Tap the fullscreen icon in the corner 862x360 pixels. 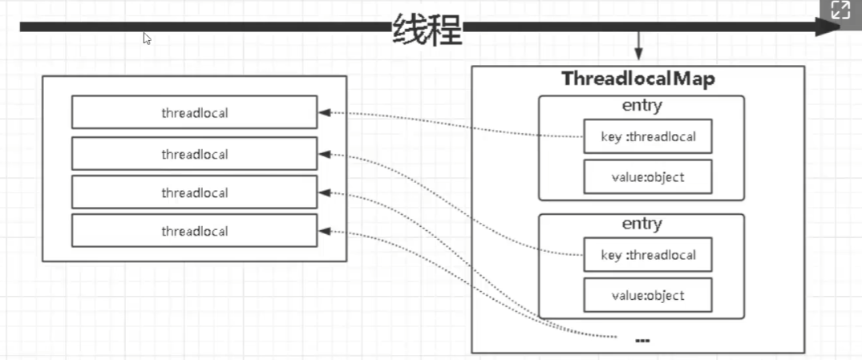click(840, 10)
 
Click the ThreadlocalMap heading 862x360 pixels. click(637, 79)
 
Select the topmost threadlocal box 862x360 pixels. click(194, 113)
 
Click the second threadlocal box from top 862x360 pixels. click(194, 154)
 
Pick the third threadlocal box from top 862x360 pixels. click(194, 192)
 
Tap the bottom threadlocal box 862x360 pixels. click(194, 231)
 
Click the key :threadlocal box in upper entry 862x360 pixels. click(647, 137)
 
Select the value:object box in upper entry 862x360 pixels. click(647, 177)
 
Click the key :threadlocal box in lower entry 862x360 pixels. click(647, 255)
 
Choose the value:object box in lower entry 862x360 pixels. click(647, 295)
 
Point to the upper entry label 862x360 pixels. click(641, 106)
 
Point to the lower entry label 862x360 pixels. click(641, 224)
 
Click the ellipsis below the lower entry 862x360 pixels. click(641, 340)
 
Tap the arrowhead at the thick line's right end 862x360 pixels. click(831, 27)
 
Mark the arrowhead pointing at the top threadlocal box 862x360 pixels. click(325, 113)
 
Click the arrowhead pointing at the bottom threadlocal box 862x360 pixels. click(325, 231)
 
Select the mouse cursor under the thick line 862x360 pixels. click(148, 38)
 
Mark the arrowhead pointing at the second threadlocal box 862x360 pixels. click(325, 154)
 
